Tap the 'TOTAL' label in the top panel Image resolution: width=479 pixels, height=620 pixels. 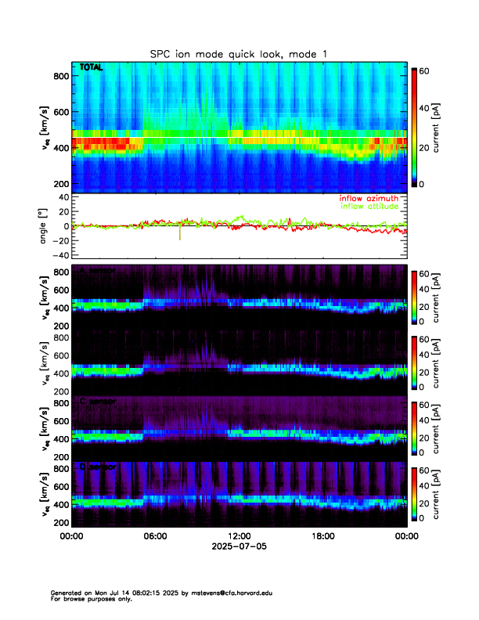point(92,68)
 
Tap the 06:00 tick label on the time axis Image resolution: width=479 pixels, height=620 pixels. point(155,536)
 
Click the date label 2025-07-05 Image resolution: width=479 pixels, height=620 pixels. point(239,546)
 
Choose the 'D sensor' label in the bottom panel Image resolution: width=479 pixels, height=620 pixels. point(98,467)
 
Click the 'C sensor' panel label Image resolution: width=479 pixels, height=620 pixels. point(98,402)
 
